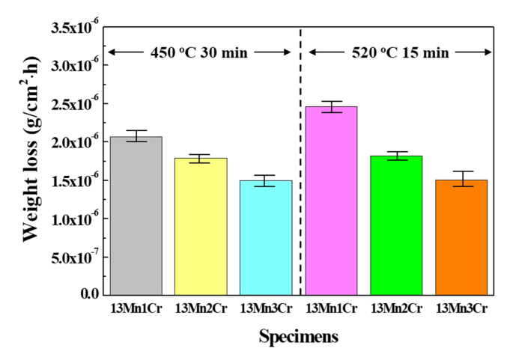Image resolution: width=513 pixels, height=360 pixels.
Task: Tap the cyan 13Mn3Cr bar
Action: (x=266, y=237)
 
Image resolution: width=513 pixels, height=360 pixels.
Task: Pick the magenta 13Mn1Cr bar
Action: (x=332, y=201)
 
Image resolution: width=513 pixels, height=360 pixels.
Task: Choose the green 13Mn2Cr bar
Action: (x=397, y=225)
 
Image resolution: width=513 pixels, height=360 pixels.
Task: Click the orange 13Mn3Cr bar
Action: (x=461, y=237)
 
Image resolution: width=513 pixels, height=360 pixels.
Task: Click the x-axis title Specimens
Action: (x=298, y=337)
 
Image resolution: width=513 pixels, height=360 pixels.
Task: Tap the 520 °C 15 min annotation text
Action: (x=400, y=52)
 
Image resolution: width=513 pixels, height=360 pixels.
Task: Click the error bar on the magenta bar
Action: (x=332, y=106)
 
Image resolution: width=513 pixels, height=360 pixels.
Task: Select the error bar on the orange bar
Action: (x=461, y=178)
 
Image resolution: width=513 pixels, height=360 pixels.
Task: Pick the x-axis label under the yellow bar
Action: (x=201, y=308)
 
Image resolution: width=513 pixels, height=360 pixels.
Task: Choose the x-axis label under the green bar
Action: (x=397, y=308)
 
